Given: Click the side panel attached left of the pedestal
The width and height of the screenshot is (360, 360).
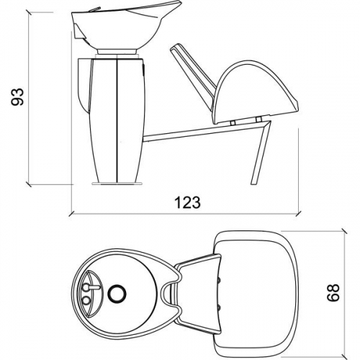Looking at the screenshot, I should tap(81, 83).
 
